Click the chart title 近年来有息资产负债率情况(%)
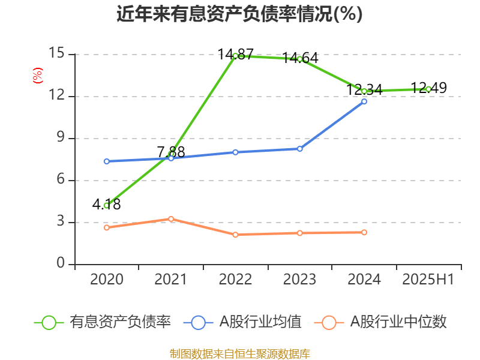[x=239, y=14]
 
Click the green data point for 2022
[x=235, y=56]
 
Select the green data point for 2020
[x=106, y=205]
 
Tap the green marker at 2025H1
[x=428, y=89]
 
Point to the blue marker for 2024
[x=364, y=101]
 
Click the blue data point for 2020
[x=106, y=161]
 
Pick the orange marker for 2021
[x=171, y=219]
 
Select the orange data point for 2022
[x=235, y=235]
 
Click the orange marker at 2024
[x=364, y=232]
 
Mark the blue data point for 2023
[x=300, y=149]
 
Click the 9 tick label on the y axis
[x=61, y=138]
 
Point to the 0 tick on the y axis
[x=61, y=264]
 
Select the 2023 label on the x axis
[x=300, y=280]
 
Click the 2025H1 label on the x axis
[x=428, y=280]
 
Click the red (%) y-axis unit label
[x=38, y=76]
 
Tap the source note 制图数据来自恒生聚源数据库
[x=240, y=353]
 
